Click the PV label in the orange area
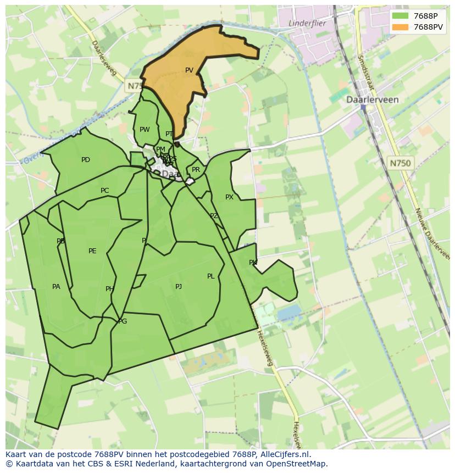[x=189, y=70]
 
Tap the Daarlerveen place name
[x=372, y=100]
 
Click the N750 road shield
[x=400, y=163]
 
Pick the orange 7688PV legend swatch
[x=401, y=27]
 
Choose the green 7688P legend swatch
[x=401, y=16]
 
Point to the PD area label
[x=86, y=160]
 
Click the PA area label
[x=56, y=287]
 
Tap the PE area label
[x=92, y=251]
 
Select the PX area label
[x=229, y=197]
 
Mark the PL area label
[x=210, y=276]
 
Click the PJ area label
[x=179, y=287]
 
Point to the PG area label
[x=123, y=321]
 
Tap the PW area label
[x=145, y=130]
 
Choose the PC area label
[x=104, y=191]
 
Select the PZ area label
[x=214, y=216]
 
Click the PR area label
[x=196, y=170]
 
